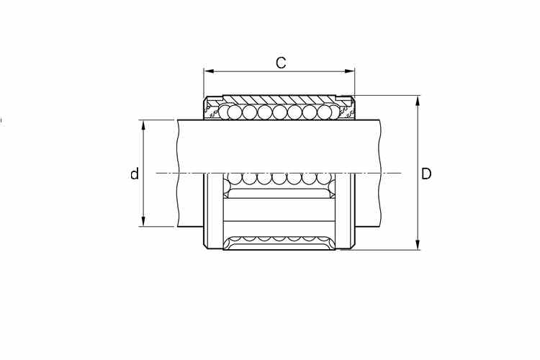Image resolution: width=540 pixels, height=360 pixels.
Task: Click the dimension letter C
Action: [x=281, y=63]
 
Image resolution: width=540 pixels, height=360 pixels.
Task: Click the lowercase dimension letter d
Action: [x=135, y=174]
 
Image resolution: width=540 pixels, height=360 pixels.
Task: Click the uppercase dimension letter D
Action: [x=426, y=174]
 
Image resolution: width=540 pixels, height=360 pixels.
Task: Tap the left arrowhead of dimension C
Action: [x=209, y=71]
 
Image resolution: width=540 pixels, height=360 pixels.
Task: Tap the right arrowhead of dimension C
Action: [x=349, y=71]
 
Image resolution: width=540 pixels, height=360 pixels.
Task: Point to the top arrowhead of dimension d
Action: [x=143, y=125]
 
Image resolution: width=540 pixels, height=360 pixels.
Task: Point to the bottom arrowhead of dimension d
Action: [x=143, y=221]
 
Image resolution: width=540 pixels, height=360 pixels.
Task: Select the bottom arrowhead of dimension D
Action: [x=418, y=244]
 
